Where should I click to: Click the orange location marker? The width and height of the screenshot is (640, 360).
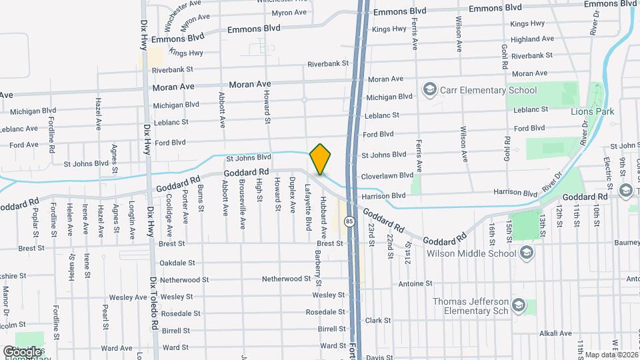pos(320,159)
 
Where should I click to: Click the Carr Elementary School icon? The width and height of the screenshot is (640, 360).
pos(429,90)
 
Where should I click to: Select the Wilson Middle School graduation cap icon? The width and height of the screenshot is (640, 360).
pos(527,253)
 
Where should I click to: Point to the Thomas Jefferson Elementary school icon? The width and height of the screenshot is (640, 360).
pos(519,306)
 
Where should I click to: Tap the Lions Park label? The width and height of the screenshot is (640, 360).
pos(592,111)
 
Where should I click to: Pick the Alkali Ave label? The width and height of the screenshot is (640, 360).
pos(555,333)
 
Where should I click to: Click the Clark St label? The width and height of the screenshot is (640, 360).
pos(377,320)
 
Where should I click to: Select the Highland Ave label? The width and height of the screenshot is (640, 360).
pos(529,39)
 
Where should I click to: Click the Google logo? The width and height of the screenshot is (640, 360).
pos(21,351)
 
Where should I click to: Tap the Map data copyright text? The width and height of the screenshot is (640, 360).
pos(611,355)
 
